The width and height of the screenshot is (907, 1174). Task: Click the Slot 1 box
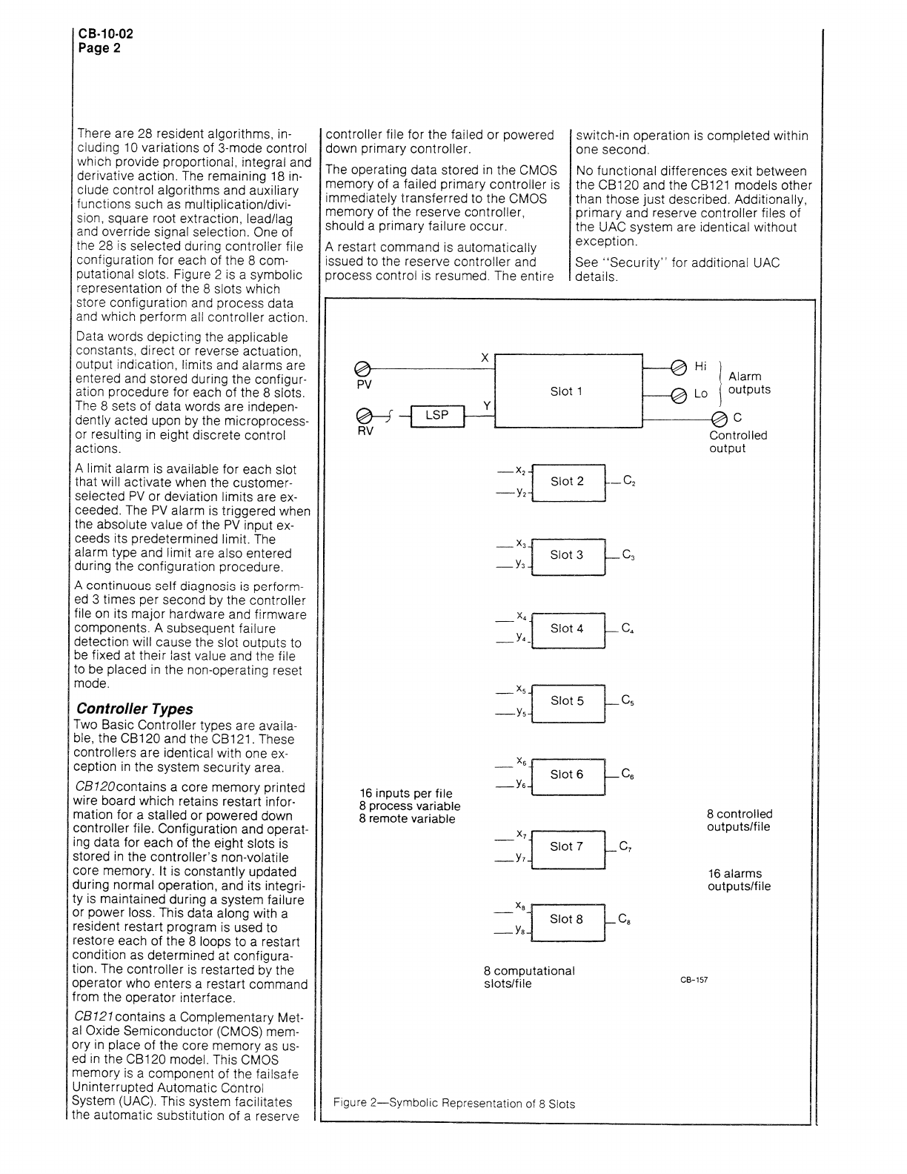pos(568,391)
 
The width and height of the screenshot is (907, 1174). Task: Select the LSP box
pos(436,416)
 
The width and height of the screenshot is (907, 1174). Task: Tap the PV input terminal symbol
pos(363,369)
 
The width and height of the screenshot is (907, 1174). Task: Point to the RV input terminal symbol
pos(363,416)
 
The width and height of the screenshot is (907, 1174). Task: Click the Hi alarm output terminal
pos(678,367)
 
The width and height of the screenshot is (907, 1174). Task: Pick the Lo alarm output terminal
pos(678,394)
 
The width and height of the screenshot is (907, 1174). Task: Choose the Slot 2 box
pos(568,482)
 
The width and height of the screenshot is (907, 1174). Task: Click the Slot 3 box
pos(568,555)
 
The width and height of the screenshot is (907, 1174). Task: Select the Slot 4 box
pos(568,629)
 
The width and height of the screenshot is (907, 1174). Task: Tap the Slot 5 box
pos(568,701)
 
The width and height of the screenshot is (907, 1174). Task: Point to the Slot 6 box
pos(568,775)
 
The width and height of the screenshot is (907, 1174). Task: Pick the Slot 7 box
pos(568,847)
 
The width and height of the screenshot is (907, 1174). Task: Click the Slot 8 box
pos(568,920)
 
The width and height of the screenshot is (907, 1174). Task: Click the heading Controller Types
pos(135,709)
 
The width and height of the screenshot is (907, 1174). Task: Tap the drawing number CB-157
pos(694,980)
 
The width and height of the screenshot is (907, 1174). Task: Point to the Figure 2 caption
pos(453,1103)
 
